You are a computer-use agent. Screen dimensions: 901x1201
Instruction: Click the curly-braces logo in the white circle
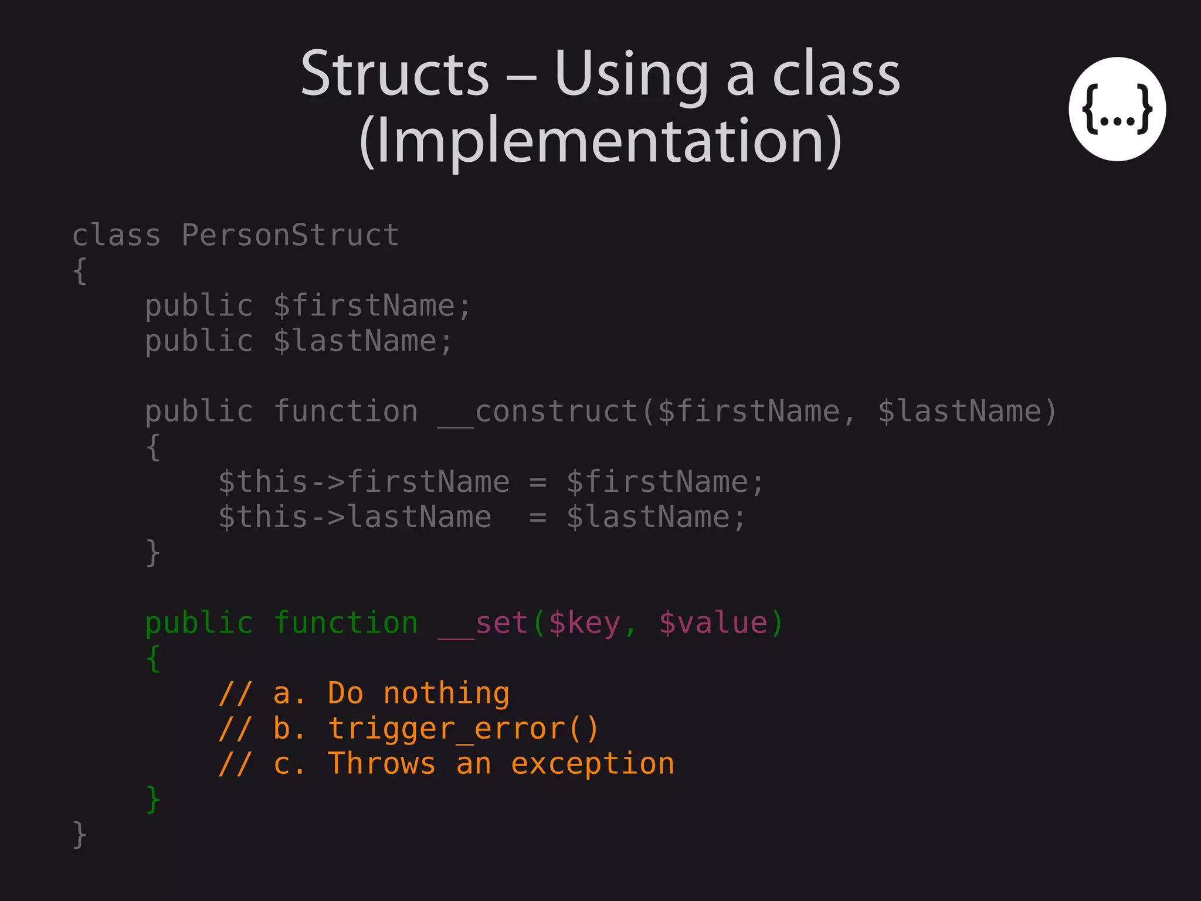click(1117, 109)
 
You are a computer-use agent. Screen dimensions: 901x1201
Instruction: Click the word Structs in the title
click(395, 74)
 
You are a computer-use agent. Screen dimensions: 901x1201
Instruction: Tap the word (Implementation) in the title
click(600, 141)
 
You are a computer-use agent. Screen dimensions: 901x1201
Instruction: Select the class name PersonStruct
click(290, 236)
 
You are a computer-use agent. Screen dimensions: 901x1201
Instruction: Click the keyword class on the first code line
click(116, 236)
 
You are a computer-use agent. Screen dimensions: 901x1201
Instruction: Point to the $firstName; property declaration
click(372, 306)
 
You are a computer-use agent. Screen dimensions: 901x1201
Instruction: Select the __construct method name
click(537, 412)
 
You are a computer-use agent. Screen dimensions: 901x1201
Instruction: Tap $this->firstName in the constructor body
click(364, 482)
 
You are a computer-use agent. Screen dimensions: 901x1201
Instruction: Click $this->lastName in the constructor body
click(354, 517)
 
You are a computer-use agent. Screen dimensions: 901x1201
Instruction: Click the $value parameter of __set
click(713, 623)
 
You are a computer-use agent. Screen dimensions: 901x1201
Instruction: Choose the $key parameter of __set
click(584, 623)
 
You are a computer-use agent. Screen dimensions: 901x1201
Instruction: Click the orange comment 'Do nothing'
click(418, 693)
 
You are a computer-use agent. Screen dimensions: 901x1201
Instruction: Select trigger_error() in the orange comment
click(463, 729)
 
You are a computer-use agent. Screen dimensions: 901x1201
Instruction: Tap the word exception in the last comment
click(592, 764)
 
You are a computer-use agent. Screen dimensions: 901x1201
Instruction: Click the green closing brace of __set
click(152, 799)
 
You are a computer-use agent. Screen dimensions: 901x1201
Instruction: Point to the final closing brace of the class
click(80, 834)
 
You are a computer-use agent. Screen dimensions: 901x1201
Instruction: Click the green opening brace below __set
click(152, 658)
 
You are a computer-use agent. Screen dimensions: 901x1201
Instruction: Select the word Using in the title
click(631, 74)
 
